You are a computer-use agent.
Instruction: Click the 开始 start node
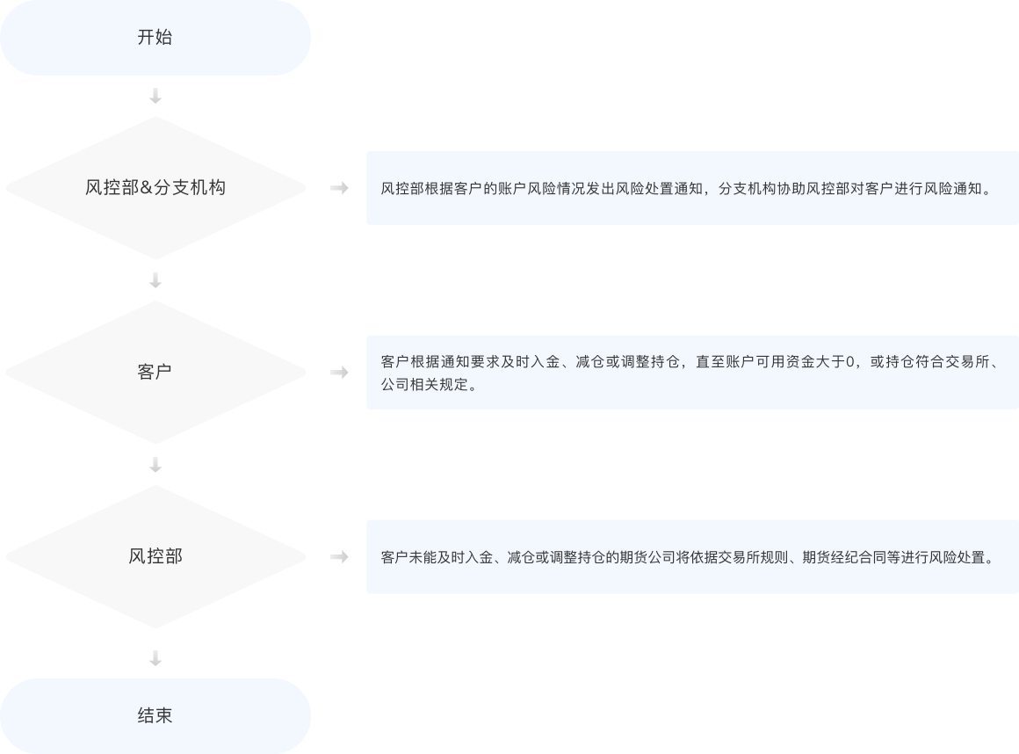(x=155, y=38)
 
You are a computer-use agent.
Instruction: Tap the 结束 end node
(x=155, y=715)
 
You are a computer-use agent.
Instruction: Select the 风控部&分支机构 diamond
(x=155, y=187)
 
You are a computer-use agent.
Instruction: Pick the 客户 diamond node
(x=155, y=372)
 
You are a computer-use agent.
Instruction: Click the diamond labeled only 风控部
(x=155, y=556)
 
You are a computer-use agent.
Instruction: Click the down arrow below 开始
(x=155, y=95)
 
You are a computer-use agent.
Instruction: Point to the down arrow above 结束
(x=155, y=657)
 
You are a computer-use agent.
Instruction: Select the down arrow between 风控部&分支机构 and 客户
(x=155, y=279)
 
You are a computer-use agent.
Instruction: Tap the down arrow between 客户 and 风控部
(x=155, y=464)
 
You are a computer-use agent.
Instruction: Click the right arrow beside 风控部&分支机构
(x=338, y=188)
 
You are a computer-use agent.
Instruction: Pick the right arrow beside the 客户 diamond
(x=338, y=373)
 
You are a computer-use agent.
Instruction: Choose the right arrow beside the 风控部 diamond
(x=338, y=557)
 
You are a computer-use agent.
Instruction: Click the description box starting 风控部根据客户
(x=692, y=188)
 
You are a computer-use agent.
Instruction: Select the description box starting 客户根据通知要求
(x=692, y=372)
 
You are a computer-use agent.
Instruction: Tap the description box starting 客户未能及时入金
(x=692, y=557)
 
